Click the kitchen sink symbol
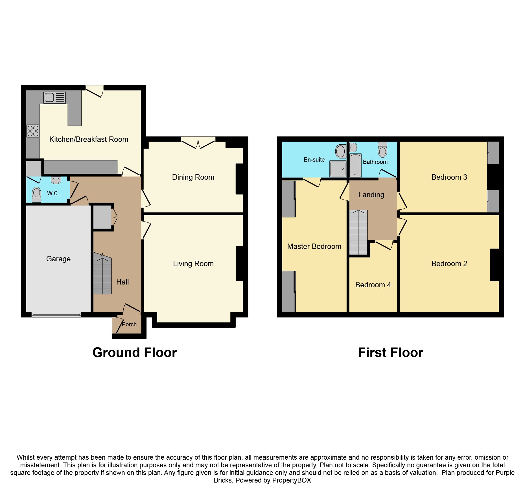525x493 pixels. [x=54, y=98]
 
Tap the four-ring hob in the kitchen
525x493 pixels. [x=33, y=131]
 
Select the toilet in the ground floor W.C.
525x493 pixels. [x=37, y=195]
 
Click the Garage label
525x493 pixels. [x=58, y=259]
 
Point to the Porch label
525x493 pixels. [x=129, y=324]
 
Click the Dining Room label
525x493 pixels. [x=193, y=177]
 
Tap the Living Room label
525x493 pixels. [x=193, y=264]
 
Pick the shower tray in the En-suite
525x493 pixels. [x=338, y=169]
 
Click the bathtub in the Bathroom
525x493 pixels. [x=355, y=165]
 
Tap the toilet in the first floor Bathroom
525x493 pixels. [x=382, y=150]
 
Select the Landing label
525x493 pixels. [x=371, y=195]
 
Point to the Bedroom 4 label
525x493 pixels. [x=373, y=285]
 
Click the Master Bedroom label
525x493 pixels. [x=314, y=246]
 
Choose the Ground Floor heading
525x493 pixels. [x=135, y=353]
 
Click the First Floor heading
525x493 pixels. [x=390, y=353]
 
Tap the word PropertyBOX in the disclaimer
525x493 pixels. [x=292, y=480]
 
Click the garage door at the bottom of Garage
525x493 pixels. [x=56, y=315]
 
